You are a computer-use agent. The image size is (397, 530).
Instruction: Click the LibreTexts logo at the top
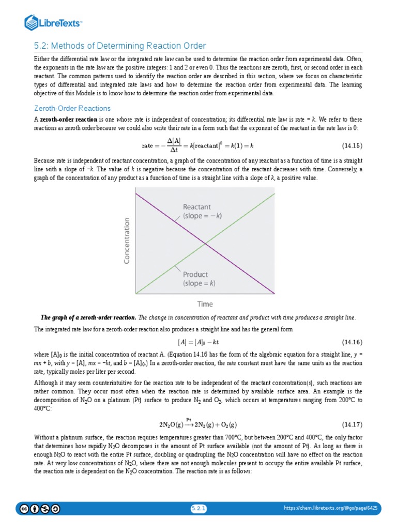[x=54, y=22]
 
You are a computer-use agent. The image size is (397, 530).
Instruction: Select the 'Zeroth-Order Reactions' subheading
[x=72, y=108]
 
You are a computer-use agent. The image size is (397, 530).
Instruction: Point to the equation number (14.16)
[x=353, y=342]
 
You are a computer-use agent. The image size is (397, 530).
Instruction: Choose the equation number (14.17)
[x=353, y=424]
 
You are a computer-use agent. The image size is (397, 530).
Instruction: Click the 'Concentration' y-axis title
[x=127, y=240]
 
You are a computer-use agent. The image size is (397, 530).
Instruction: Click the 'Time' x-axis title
[x=205, y=304]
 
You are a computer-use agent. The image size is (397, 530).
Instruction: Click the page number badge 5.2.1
[x=198, y=509]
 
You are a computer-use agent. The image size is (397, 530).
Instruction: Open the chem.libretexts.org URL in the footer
[x=331, y=509]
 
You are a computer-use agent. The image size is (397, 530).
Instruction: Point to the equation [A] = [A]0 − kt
[x=202, y=342]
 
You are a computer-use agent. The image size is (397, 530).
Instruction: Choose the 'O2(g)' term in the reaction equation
[x=226, y=425]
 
